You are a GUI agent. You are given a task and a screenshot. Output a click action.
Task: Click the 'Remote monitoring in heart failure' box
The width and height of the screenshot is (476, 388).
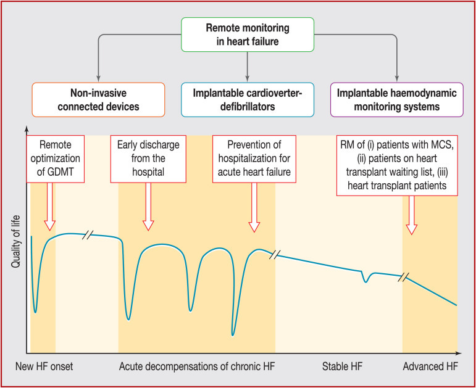point(247,34)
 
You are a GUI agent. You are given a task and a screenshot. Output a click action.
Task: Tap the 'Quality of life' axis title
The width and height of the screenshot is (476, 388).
point(16,237)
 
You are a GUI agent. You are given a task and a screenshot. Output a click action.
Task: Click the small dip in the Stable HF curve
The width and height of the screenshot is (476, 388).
point(367,280)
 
